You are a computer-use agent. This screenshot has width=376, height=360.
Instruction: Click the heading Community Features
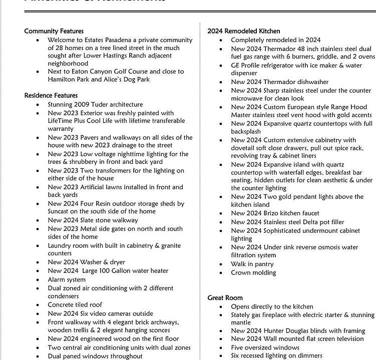(x=54, y=31)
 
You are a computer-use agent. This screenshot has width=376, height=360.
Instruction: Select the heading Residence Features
(x=51, y=95)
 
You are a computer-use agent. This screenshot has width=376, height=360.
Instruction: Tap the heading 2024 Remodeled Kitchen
(x=244, y=31)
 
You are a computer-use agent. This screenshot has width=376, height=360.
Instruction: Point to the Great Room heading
(x=225, y=298)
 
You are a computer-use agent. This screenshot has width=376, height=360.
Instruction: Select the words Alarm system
(x=67, y=279)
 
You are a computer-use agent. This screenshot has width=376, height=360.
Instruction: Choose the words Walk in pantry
(x=252, y=264)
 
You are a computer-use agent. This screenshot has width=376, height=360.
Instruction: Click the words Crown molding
(x=253, y=273)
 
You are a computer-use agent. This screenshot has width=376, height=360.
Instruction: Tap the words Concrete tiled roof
(x=75, y=304)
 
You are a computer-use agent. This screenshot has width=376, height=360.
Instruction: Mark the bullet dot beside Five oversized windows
(x=222, y=347)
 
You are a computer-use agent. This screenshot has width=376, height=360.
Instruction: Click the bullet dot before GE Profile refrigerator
(x=222, y=65)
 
